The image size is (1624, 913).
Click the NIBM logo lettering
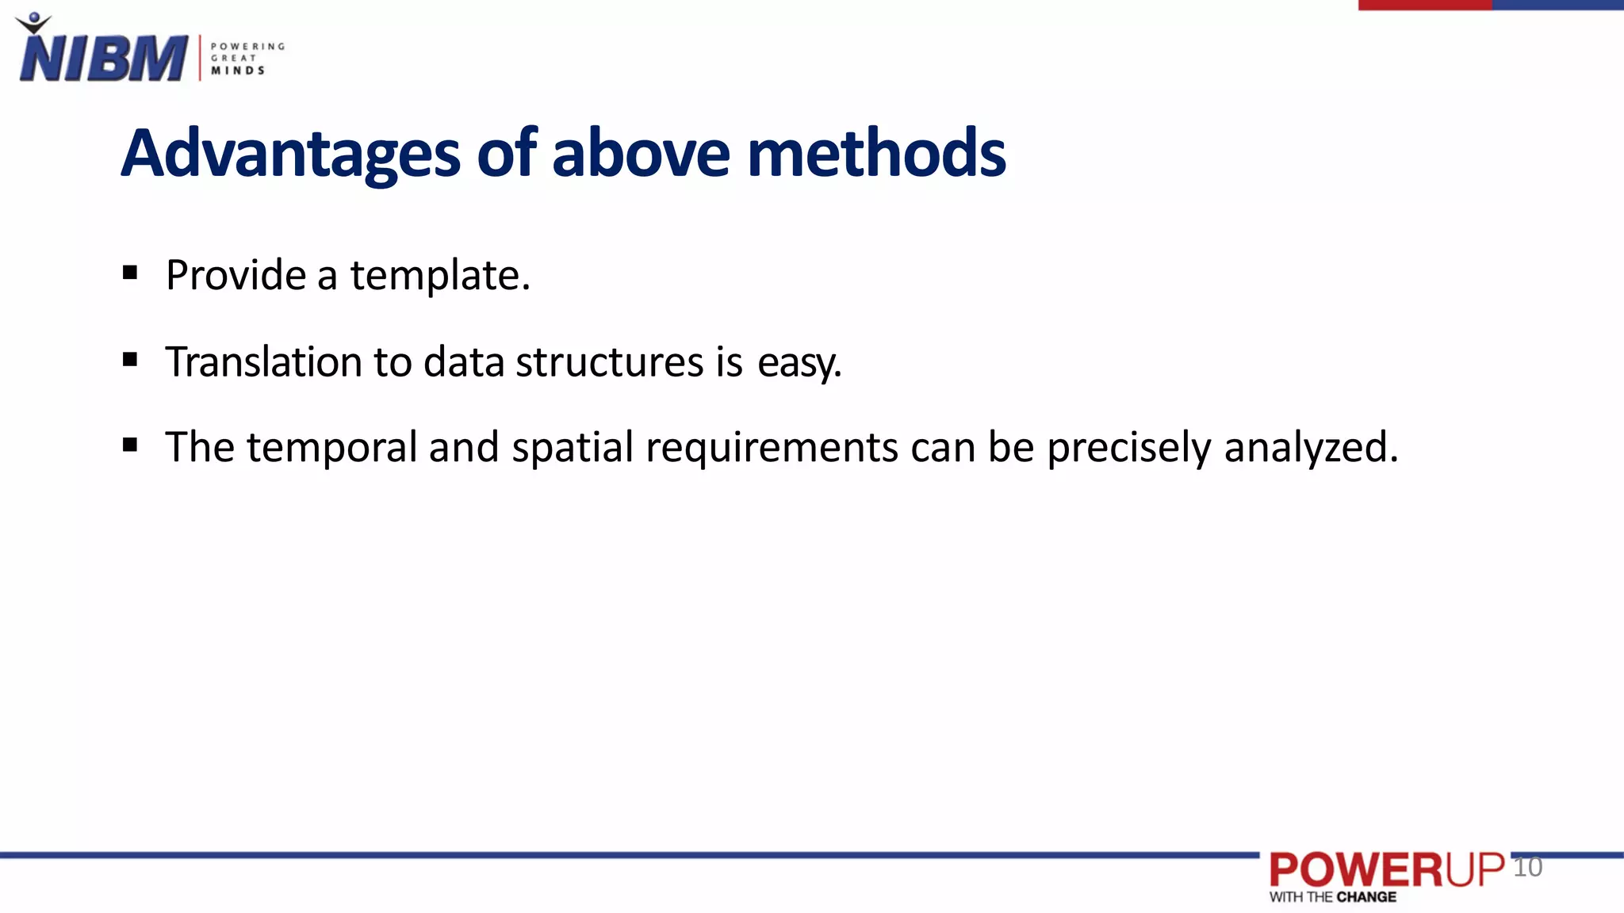103,57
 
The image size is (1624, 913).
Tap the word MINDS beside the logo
238,71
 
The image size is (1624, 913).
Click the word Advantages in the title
290,153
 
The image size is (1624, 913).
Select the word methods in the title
876,153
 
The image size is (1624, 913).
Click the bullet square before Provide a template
131,273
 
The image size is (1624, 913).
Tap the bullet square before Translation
131,360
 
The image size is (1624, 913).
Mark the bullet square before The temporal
131,445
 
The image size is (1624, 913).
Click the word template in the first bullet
439,277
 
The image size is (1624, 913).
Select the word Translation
263,362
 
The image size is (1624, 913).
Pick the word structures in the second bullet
609,362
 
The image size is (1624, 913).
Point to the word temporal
331,448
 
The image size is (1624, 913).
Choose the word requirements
772,448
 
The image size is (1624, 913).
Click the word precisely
1129,448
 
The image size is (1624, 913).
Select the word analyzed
1311,448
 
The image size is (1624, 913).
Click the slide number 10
1527,867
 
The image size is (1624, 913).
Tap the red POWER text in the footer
1356,870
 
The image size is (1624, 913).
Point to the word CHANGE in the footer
1366,897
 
